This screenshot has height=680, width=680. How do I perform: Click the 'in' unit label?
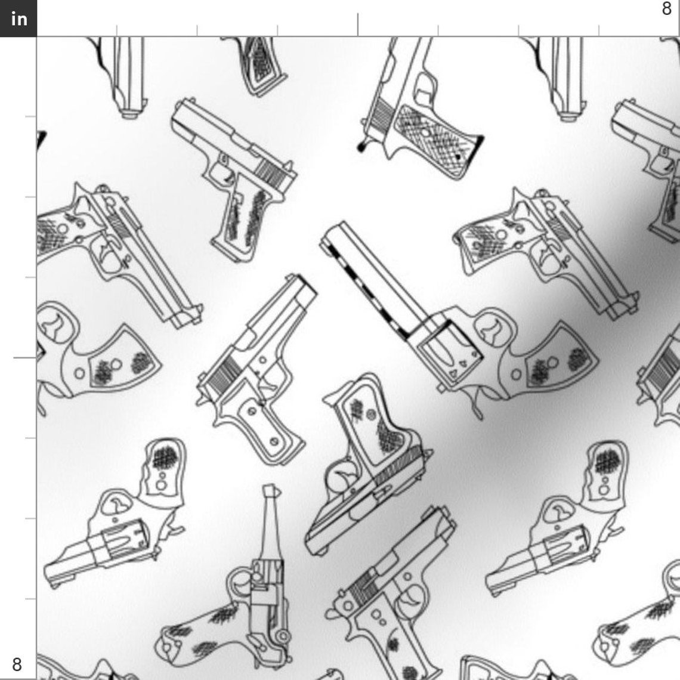[x=18, y=18]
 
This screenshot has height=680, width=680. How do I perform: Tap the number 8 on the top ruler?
[x=667, y=9]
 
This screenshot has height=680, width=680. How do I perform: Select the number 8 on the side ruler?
[x=17, y=664]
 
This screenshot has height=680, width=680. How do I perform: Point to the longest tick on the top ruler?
[x=358, y=24]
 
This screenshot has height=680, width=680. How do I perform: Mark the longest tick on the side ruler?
[x=25, y=358]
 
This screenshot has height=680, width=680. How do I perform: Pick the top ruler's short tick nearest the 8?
[x=599, y=30]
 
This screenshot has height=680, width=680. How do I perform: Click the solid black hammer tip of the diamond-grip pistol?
[x=361, y=146]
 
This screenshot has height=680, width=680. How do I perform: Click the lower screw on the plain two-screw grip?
[x=274, y=441]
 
